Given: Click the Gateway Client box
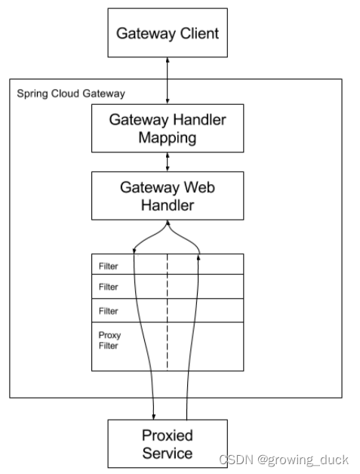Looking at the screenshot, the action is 168,32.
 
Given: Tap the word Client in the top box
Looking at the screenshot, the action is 199,33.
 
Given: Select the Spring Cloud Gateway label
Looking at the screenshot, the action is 71,94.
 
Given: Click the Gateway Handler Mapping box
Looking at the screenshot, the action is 168,128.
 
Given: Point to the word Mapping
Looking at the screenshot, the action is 168,138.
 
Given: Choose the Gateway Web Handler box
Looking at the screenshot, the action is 168,196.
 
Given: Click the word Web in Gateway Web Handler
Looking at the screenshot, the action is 199,187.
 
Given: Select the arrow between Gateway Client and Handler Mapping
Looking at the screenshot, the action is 168,81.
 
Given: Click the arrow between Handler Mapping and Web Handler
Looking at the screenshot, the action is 168,162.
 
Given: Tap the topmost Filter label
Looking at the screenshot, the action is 108,266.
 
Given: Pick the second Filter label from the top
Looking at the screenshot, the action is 108,287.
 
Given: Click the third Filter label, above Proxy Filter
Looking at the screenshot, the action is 108,311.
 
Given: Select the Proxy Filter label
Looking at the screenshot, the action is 109,340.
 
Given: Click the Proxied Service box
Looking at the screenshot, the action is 168,444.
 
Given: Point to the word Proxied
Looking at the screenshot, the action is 168,436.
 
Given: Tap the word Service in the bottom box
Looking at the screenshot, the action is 168,453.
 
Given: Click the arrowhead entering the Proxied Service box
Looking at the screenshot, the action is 153,417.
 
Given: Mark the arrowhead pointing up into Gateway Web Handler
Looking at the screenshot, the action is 168,223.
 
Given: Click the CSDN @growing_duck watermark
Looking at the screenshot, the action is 284,460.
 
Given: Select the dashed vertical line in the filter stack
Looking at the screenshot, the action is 167,312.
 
